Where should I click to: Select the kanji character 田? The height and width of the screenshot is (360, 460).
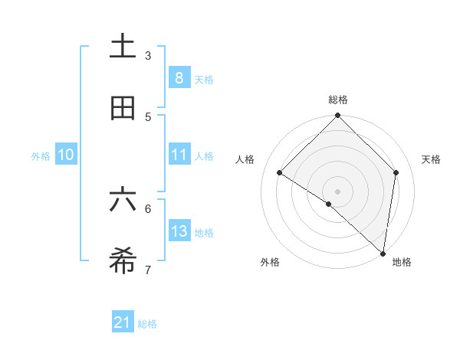(123, 109)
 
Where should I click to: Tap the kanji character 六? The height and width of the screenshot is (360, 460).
(123, 200)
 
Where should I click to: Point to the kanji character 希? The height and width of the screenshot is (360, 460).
(123, 261)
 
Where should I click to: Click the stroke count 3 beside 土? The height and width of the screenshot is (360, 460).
(148, 56)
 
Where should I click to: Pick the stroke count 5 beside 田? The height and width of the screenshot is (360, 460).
(148, 117)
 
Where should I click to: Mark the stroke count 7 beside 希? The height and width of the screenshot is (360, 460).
(148, 270)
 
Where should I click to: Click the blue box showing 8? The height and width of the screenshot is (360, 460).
(179, 77)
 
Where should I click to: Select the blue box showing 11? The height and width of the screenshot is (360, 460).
(179, 154)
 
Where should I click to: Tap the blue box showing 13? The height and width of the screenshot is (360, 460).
(179, 231)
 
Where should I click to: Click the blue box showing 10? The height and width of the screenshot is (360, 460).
(66, 154)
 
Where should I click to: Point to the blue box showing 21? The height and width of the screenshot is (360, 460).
(123, 322)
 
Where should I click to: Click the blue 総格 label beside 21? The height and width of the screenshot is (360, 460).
(147, 324)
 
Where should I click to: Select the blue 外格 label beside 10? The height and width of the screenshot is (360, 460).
(41, 155)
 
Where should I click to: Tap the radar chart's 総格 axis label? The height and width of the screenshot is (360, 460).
(338, 100)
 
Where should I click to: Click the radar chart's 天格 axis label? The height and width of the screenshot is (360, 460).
(432, 159)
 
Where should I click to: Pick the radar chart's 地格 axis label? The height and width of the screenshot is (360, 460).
(402, 262)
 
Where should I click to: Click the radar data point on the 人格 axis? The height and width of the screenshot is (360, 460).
(280, 173)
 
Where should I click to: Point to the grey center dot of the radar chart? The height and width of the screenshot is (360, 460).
(338, 191)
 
